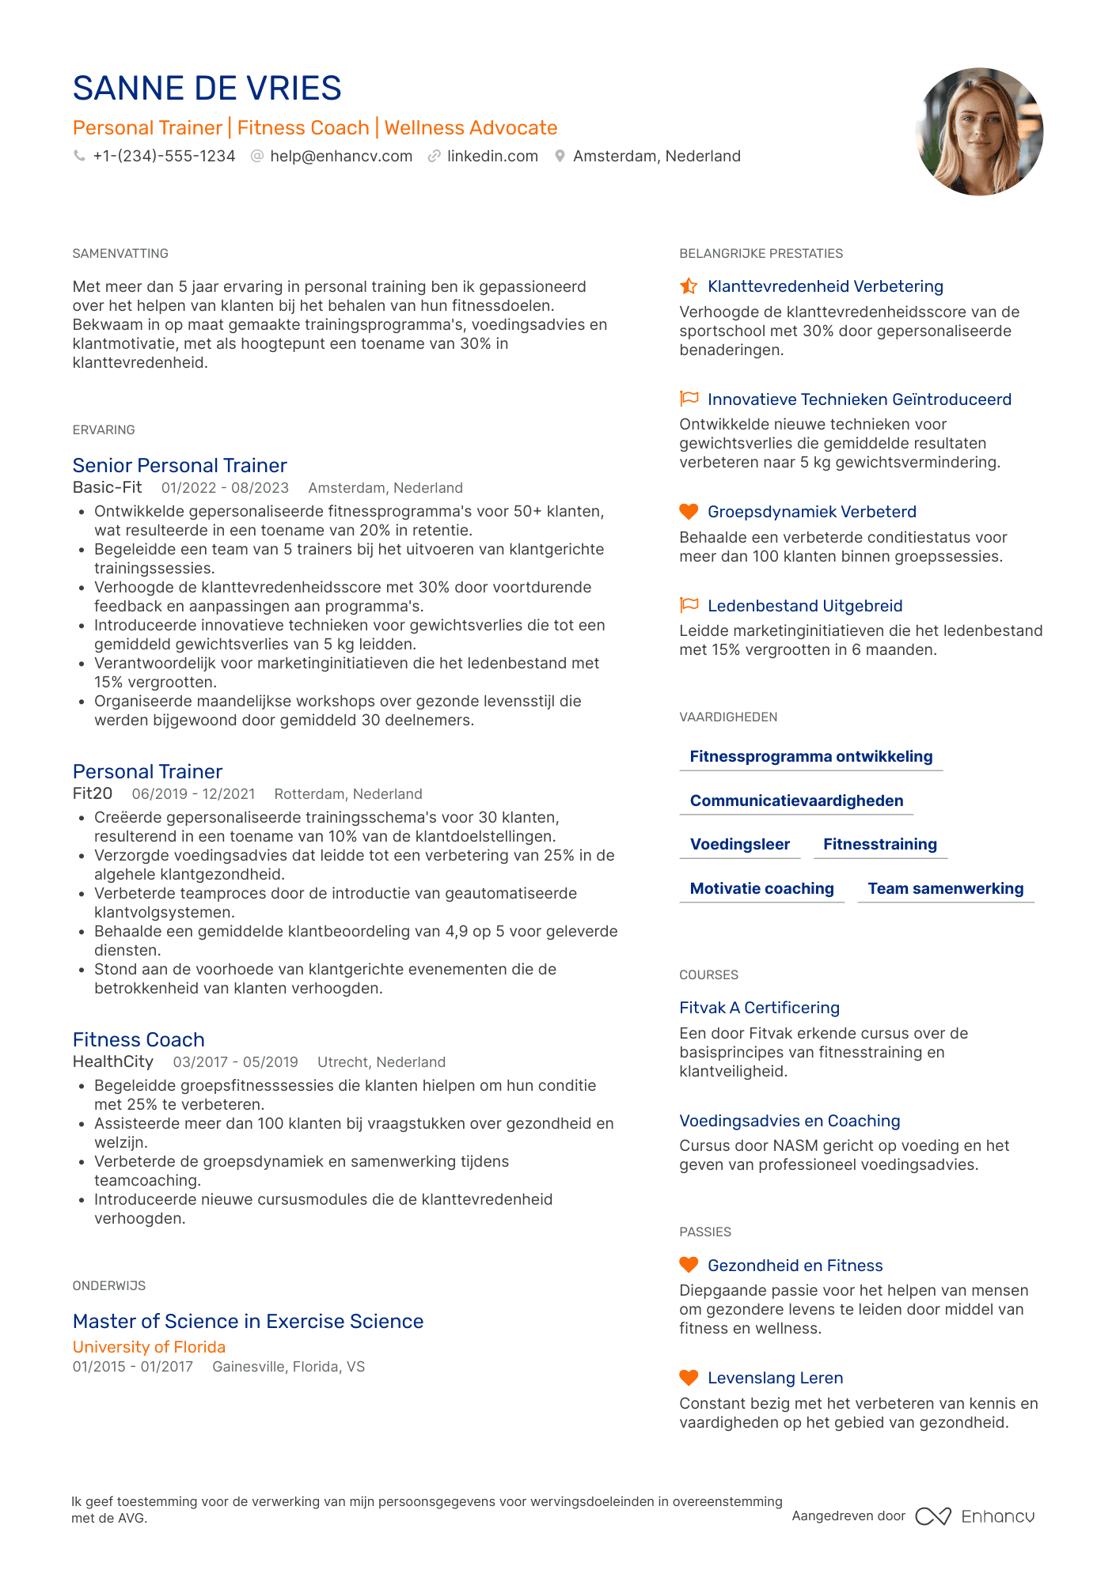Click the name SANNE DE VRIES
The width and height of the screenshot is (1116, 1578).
pyautogui.click(x=207, y=89)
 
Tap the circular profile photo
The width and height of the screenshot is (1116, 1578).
pyautogui.click(x=979, y=131)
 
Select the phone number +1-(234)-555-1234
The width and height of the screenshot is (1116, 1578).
pyautogui.click(x=164, y=157)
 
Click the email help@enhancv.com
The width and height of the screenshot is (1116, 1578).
pyautogui.click(x=341, y=157)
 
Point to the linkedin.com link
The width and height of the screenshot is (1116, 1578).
pyautogui.click(x=492, y=157)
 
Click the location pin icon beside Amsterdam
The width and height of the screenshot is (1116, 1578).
pyautogui.click(x=560, y=157)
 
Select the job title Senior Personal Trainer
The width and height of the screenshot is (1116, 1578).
pyautogui.click(x=180, y=465)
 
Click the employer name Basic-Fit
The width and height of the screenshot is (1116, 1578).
pyautogui.click(x=108, y=487)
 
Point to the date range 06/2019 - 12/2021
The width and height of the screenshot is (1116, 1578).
pyautogui.click(x=193, y=793)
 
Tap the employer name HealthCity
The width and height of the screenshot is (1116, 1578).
pyautogui.click(x=113, y=1061)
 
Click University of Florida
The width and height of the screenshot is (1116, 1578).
pyautogui.click(x=149, y=1346)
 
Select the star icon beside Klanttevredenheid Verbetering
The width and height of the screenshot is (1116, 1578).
pyautogui.click(x=689, y=286)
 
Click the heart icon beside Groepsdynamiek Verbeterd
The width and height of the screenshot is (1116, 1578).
pyautogui.click(x=689, y=512)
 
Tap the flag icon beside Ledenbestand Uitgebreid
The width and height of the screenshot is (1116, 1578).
pyautogui.click(x=689, y=605)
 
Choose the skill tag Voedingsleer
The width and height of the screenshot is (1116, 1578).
pyautogui.click(x=740, y=844)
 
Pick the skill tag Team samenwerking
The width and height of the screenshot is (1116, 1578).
pyautogui.click(x=946, y=888)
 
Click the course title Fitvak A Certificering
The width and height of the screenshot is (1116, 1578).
pyautogui.click(x=759, y=1008)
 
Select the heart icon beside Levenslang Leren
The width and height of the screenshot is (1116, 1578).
pyautogui.click(x=689, y=1378)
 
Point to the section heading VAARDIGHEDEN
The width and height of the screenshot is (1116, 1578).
pyautogui.click(x=728, y=717)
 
